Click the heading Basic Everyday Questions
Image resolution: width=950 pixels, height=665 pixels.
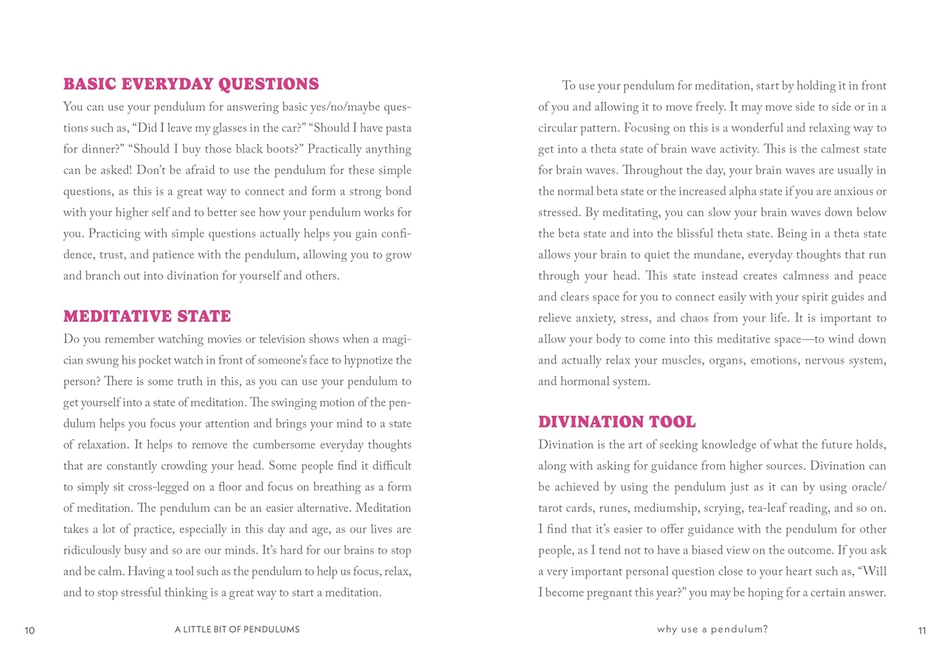[x=191, y=84]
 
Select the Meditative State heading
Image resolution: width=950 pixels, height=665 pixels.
[x=147, y=316]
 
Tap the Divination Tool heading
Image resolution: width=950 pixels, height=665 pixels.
[x=617, y=422]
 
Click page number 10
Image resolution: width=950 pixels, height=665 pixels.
[x=30, y=630]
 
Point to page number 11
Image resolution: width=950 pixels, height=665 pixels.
[x=921, y=630]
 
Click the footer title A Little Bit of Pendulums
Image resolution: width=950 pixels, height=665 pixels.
[x=237, y=630]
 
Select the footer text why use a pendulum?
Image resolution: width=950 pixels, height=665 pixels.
[x=712, y=630]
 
